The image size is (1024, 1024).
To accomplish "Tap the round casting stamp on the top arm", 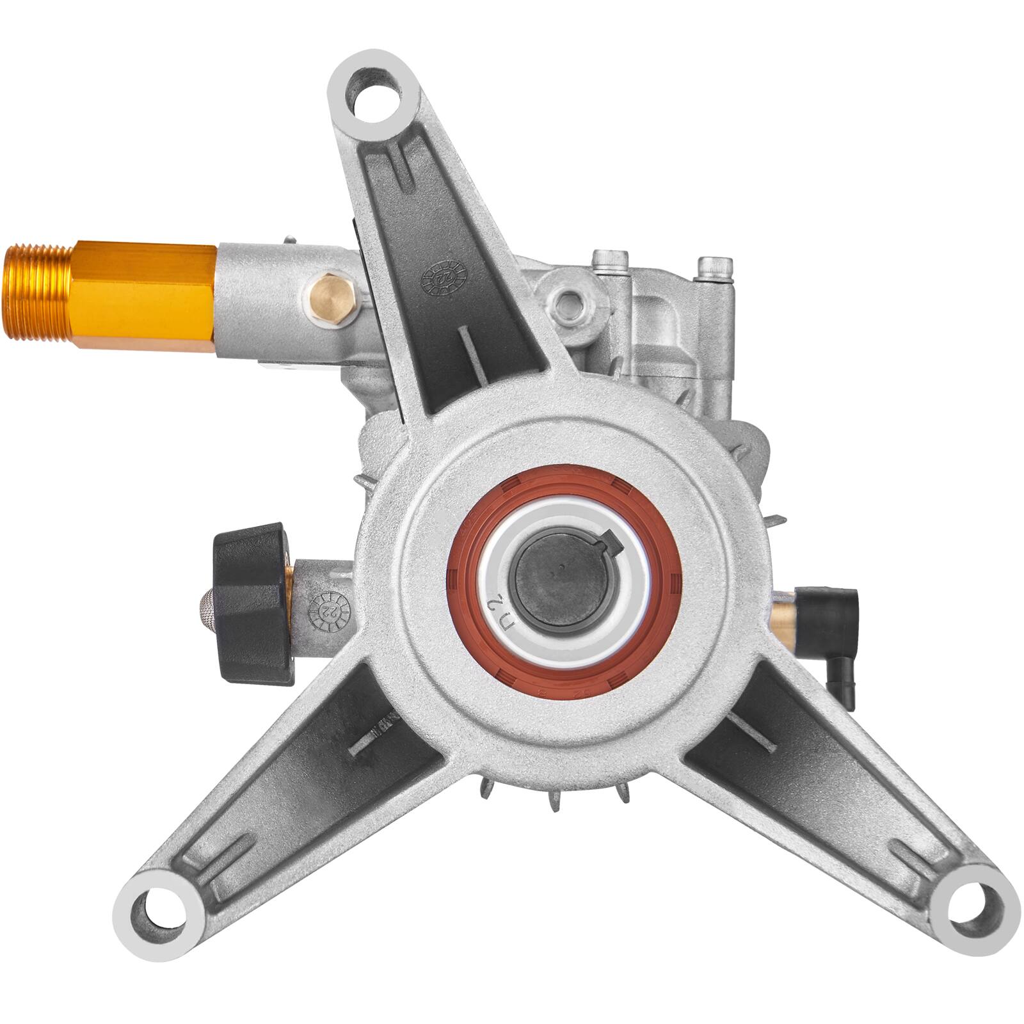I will (x=444, y=277).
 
